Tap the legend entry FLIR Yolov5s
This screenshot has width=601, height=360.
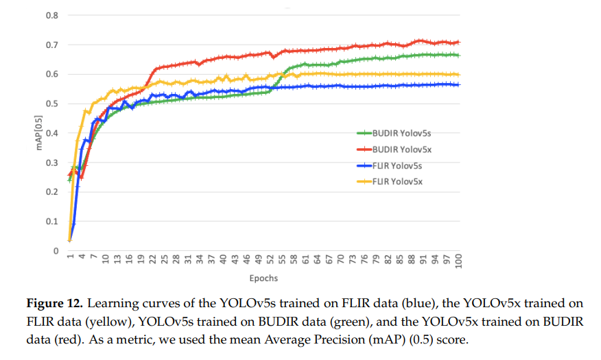tap(397, 165)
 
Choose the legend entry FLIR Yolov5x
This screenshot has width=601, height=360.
tap(397, 181)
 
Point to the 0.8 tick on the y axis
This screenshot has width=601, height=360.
tap(52, 15)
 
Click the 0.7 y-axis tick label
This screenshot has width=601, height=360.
tap(52, 45)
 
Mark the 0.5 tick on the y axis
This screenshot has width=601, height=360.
tap(52, 104)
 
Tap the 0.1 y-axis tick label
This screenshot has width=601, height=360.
tap(52, 221)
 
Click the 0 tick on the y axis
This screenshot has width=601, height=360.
tap(56, 251)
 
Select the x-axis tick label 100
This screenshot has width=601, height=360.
tap(459, 262)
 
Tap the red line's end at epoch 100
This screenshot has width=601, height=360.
tap(458, 42)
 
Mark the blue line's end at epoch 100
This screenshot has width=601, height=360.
tap(458, 84)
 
